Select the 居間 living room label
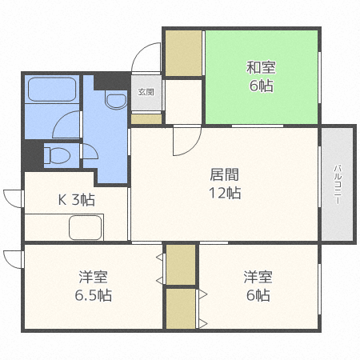(225, 175)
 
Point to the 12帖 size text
(225, 193)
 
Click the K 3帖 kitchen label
(75, 200)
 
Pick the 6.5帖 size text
(94, 295)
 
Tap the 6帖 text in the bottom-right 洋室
(258, 295)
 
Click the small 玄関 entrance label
(146, 91)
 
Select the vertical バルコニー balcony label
(338, 184)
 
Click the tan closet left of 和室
(183, 54)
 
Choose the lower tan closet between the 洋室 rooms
(181, 308)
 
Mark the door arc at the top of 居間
(182, 142)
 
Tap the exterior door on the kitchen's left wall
(13, 197)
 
